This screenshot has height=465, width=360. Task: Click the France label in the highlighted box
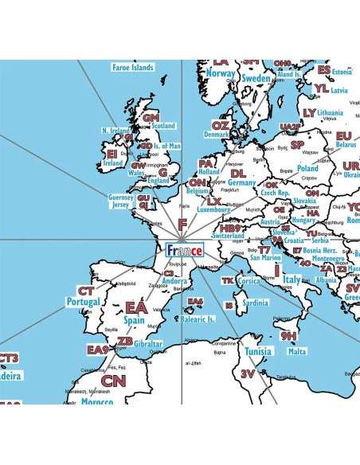(184, 250)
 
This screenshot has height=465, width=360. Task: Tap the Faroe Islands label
(132, 68)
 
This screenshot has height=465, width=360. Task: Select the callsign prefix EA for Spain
(135, 307)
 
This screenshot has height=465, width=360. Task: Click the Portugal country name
(84, 303)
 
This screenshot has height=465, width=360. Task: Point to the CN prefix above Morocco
(113, 381)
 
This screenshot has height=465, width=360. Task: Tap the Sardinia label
(255, 303)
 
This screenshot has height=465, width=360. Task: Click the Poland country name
(307, 168)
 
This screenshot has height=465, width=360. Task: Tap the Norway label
(221, 73)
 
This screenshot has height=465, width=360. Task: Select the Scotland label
(163, 126)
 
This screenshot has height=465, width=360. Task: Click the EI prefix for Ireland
(112, 153)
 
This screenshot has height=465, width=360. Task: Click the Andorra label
(174, 280)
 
